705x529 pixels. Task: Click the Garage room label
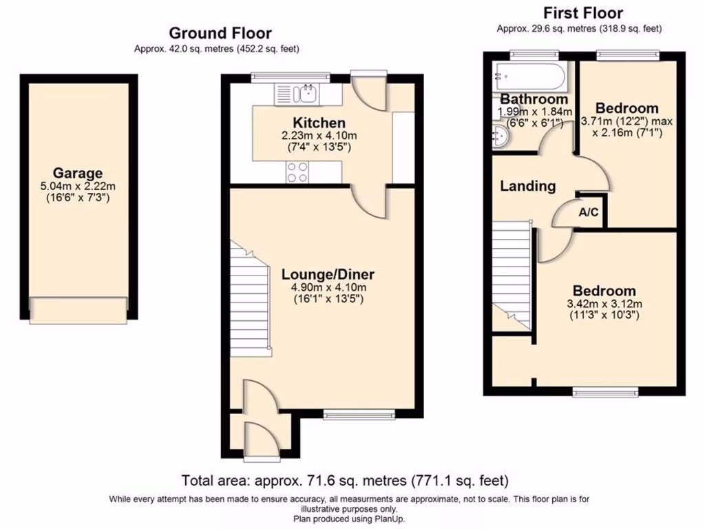[x=78, y=174]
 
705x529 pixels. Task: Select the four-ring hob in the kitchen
[x=297, y=172]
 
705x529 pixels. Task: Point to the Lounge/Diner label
[x=328, y=273]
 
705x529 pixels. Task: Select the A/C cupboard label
[x=589, y=214]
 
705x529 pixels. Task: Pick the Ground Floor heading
[x=220, y=33]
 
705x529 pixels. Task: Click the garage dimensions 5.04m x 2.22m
[x=78, y=187]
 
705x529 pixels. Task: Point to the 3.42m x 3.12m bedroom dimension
[x=604, y=304]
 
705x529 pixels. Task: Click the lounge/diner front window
[x=359, y=414]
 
